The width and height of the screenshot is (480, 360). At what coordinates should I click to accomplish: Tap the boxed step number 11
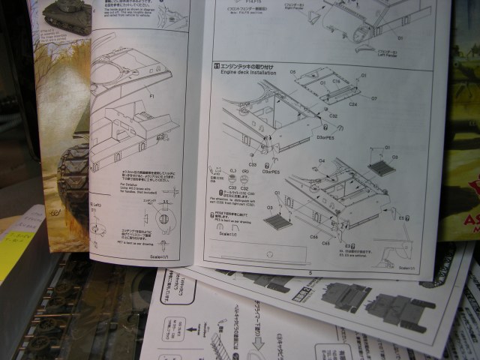216,68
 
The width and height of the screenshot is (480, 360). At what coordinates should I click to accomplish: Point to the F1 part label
152,96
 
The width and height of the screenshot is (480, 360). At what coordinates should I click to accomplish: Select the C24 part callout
352,104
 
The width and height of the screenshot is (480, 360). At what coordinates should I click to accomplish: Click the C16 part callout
337,79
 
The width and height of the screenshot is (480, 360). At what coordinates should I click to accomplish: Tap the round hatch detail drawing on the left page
163,220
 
